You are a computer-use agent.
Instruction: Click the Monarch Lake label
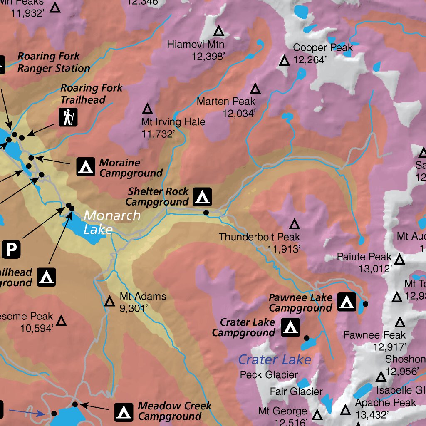[112, 222]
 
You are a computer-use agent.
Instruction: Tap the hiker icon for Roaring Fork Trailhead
[68, 118]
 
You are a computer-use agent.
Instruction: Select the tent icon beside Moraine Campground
[86, 167]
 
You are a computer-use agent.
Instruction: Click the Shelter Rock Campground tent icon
[203, 197]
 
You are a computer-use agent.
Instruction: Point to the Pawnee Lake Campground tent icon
[346, 302]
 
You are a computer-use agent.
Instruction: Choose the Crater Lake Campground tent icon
[290, 327]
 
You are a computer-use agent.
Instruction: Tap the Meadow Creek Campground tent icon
[124, 411]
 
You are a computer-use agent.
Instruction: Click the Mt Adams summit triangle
[110, 302]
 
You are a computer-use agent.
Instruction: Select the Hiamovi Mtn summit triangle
[218, 31]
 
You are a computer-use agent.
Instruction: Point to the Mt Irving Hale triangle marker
[147, 109]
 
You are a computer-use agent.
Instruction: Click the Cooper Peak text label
[322, 48]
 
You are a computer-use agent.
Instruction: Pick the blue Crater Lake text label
[275, 359]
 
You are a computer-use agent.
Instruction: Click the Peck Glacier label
[269, 375]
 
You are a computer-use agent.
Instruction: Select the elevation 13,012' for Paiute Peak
[376, 269]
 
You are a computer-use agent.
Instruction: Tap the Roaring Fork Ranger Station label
[53, 62]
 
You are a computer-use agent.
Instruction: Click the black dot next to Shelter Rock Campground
[206, 213]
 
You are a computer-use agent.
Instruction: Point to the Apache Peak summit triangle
[345, 411]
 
